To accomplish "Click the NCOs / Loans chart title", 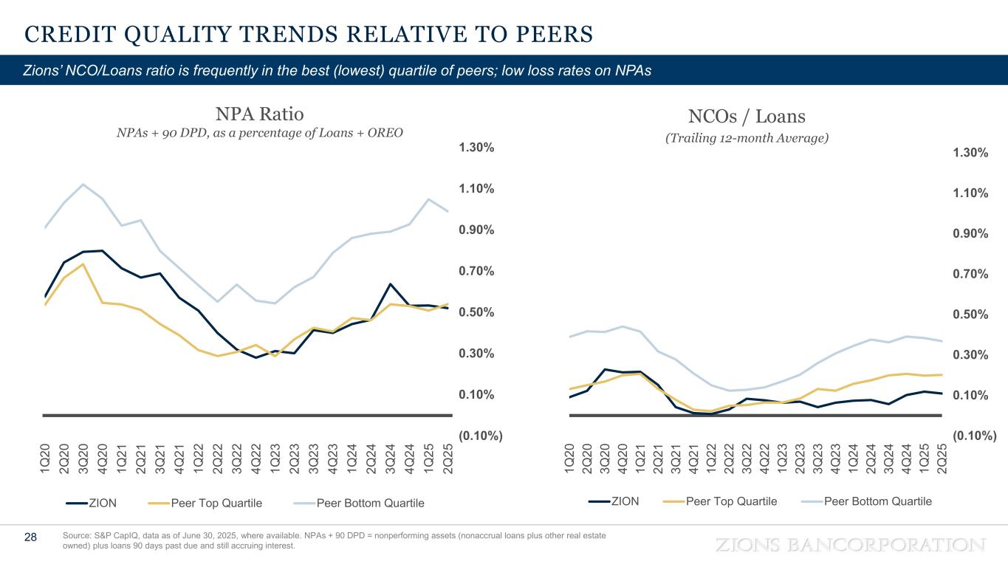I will pyautogui.click(x=747, y=116).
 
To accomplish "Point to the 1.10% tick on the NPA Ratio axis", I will pyautogui.click(x=477, y=189).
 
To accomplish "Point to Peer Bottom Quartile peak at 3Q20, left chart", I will pyautogui.click(x=83, y=184).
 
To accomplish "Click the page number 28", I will pyautogui.click(x=31, y=537).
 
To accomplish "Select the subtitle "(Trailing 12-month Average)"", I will pyautogui.click(x=747, y=138).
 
